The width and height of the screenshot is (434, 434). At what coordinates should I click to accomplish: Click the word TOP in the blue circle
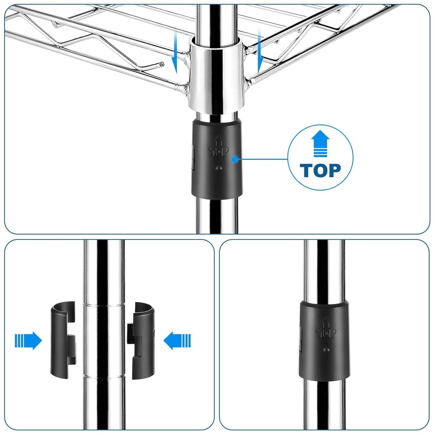coord(320,170)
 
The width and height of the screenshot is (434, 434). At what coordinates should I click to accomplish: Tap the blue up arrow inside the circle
coord(320,144)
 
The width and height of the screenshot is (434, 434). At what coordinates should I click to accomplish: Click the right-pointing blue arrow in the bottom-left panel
coord(28,341)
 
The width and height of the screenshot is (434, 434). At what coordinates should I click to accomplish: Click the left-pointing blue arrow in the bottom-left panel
coord(177,341)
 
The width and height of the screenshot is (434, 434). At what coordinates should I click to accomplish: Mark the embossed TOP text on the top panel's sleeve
coord(219,151)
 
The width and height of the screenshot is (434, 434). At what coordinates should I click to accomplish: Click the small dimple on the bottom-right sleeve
coord(328,350)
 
